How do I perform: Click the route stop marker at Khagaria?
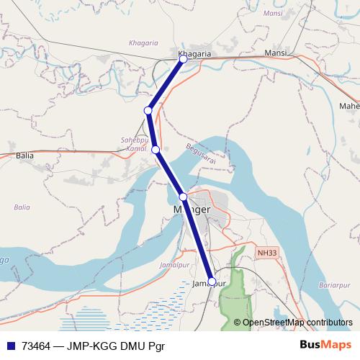[x=184, y=59]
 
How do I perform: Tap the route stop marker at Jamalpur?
[x=212, y=281]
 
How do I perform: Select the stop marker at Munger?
[x=184, y=197]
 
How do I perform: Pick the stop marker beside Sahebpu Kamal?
[x=156, y=149]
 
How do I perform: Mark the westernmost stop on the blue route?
[x=148, y=110]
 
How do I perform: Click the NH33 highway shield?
[x=265, y=253]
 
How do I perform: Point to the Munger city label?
[x=192, y=210]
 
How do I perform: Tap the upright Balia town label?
[x=24, y=155]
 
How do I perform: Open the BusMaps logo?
[x=325, y=346]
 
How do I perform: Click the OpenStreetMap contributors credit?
[x=297, y=323]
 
